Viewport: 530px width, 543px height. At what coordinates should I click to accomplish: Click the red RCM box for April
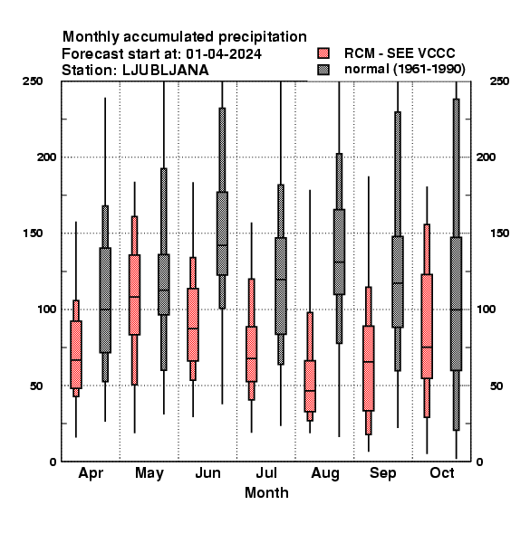pos(76,355)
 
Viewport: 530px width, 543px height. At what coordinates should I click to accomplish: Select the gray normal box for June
pos(222,233)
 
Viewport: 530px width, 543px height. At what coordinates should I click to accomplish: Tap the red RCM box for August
pos(310,386)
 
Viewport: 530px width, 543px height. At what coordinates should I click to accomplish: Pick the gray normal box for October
pos(457,304)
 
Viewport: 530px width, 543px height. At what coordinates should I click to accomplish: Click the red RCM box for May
pos(134,295)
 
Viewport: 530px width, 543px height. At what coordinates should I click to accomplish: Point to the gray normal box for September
pos(398,281)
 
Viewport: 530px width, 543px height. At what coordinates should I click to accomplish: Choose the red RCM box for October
pos(427,326)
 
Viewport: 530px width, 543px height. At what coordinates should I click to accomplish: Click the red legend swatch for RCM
pos(323,53)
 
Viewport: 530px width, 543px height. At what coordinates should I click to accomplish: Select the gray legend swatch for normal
pos(323,70)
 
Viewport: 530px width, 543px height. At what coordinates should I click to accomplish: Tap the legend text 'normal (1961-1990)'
pos(404,69)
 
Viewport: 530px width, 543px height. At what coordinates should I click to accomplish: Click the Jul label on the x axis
pos(266,472)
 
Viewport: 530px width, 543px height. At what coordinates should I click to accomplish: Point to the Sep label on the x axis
pos(382,473)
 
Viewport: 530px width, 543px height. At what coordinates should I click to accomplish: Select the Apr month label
pos(91,473)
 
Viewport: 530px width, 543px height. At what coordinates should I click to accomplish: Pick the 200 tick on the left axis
pos(46,157)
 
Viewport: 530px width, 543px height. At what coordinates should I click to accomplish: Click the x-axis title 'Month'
pos(266,493)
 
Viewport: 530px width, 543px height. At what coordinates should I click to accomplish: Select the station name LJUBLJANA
pos(166,71)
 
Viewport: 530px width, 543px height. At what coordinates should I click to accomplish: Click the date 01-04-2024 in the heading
pos(224,54)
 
